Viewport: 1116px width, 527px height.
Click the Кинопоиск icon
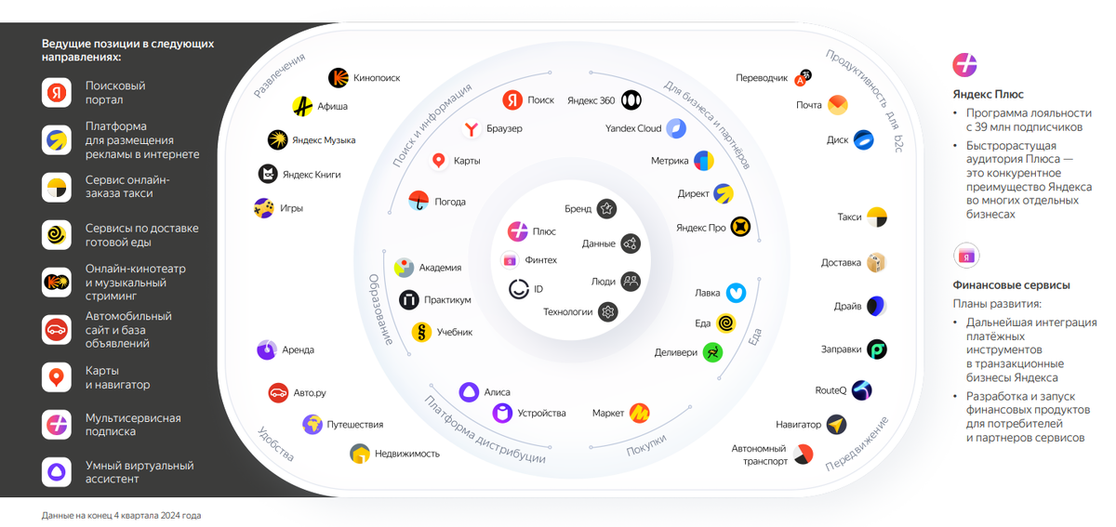[339, 78]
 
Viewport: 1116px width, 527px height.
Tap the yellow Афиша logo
[302, 106]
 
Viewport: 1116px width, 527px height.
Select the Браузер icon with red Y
[471, 128]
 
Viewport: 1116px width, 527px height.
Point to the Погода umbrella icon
[418, 202]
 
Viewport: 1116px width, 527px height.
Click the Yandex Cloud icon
[676, 128]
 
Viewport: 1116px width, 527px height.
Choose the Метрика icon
[704, 161]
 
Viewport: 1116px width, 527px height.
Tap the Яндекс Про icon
[740, 227]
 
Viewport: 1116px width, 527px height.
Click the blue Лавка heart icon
[736, 293]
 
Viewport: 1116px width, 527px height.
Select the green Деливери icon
[713, 352]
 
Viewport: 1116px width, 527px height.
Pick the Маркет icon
[639, 413]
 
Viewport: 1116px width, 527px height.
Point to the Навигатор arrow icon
[836, 425]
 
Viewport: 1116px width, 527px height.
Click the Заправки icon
[877, 349]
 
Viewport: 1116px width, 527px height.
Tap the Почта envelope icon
[838, 105]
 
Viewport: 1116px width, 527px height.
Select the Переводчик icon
[803, 78]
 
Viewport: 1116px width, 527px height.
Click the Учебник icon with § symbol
[421, 332]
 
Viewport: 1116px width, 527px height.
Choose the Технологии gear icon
[608, 312]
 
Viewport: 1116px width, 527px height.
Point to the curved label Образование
[379, 310]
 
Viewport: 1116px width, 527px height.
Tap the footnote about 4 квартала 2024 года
[121, 516]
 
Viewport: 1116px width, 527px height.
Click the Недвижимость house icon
[360, 454]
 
